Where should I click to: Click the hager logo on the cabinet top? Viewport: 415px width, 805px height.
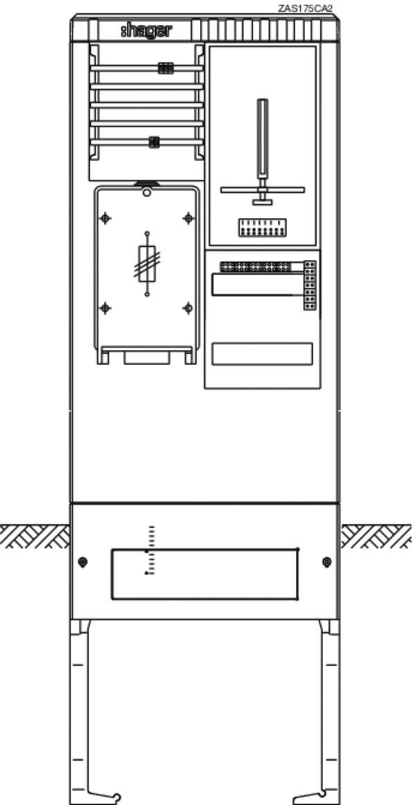[147, 31]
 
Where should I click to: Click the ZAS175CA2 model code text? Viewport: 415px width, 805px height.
[306, 8]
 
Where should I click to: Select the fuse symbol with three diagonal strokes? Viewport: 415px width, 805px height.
[147, 263]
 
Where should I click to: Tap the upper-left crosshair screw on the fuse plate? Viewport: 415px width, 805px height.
[105, 219]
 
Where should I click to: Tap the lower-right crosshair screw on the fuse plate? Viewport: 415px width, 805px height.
[188, 308]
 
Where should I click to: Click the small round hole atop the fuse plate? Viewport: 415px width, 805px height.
[147, 193]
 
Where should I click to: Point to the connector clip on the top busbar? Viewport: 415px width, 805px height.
[165, 68]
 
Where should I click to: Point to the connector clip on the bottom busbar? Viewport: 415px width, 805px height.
[154, 142]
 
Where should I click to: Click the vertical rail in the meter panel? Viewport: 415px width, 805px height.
[262, 138]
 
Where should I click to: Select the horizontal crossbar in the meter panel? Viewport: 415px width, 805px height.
[262, 190]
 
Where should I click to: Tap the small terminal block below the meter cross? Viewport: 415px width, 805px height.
[262, 228]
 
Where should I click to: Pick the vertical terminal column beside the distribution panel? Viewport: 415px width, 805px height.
[309, 286]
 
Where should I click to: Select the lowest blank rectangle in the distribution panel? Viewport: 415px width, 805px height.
[262, 353]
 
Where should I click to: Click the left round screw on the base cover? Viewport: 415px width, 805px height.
[83, 562]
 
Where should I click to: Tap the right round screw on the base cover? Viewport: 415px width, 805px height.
[326, 562]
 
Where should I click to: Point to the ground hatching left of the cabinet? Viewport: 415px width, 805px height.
[35, 537]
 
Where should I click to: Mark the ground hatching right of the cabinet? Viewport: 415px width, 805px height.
[376, 537]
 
